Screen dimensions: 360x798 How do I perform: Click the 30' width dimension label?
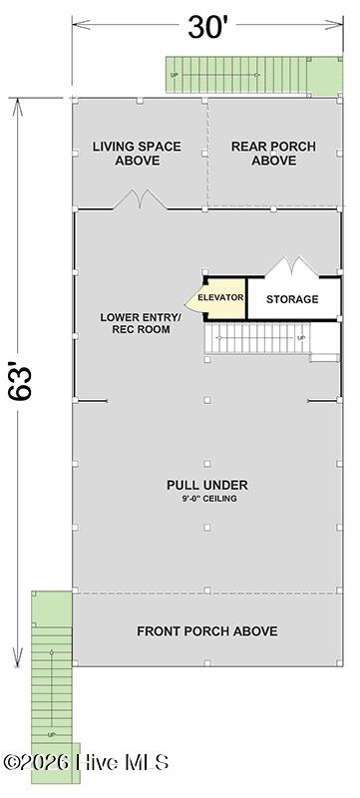point(206,27)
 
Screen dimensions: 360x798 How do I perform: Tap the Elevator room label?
point(220,297)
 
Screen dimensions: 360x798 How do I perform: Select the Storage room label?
point(292,299)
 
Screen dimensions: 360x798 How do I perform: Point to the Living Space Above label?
point(137,154)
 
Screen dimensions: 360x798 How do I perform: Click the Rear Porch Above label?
point(273,154)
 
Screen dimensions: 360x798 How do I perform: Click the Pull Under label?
point(207,485)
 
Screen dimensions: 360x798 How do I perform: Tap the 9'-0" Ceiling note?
point(207,499)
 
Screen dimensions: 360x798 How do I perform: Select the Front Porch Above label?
point(207,631)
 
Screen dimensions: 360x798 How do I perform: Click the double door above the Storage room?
point(292,267)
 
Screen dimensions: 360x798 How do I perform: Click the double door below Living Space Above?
point(140,199)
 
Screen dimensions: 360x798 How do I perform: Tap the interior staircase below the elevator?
point(256,338)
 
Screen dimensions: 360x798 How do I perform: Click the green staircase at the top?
point(236,75)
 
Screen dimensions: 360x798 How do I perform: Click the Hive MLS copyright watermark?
point(86,762)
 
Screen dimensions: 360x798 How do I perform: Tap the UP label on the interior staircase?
point(300,338)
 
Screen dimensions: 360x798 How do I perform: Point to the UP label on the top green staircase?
point(175,76)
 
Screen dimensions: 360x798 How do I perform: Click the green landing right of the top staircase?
point(324,76)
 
